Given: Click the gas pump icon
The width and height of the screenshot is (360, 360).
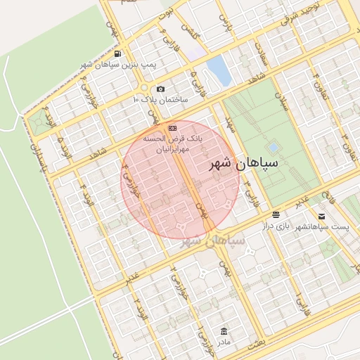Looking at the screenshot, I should (116, 53).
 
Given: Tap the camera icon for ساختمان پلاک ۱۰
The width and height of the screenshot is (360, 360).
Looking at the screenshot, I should (161, 89).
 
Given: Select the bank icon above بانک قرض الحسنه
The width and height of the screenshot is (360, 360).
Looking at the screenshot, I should (173, 127).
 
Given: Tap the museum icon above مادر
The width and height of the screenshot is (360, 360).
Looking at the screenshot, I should (224, 331).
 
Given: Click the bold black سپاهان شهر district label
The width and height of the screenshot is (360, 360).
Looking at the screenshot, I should (244, 163).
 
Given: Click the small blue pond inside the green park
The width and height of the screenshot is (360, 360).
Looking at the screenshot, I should (273, 147).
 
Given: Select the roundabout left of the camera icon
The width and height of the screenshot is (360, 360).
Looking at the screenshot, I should (144, 89).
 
